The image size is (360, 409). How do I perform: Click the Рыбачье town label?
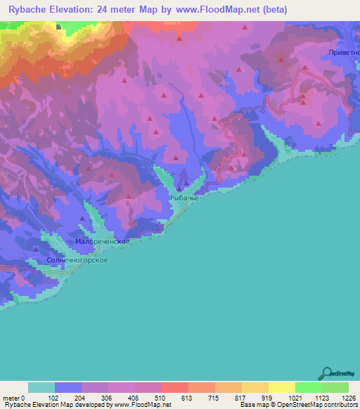click(x=185, y=199)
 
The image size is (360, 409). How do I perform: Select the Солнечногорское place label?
click(x=77, y=260)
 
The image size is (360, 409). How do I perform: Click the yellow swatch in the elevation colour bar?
click(x=281, y=387)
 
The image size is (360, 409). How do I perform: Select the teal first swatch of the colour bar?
click(x=41, y=387)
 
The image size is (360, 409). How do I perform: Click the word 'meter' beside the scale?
click(x=11, y=397)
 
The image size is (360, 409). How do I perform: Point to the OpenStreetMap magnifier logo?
click(x=326, y=372)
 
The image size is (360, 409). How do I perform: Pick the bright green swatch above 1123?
click(x=308, y=387)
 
